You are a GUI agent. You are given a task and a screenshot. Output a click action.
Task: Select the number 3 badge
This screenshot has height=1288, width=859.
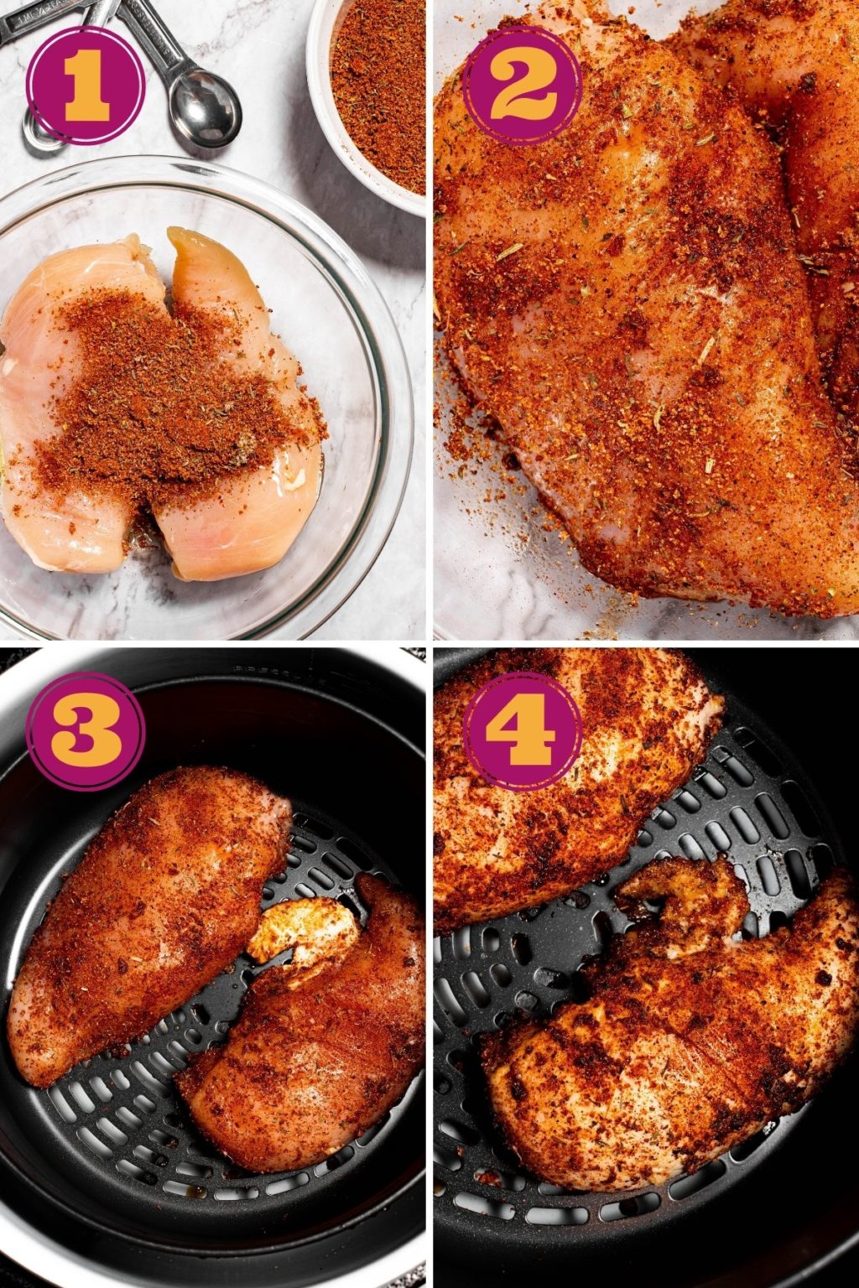[86, 730]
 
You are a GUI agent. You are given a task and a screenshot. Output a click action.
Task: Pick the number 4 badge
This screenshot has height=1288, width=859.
[522, 730]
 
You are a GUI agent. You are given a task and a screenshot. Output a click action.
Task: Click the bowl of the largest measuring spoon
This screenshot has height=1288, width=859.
[206, 108]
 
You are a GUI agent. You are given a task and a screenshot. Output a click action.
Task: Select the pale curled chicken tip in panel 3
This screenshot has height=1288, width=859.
[302, 931]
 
